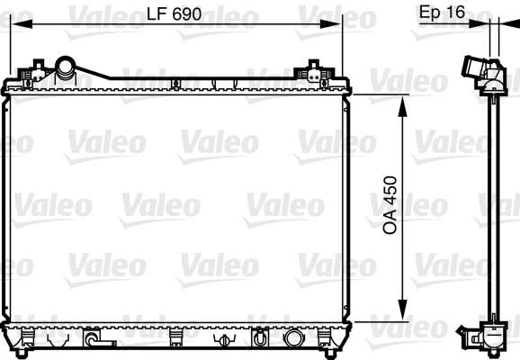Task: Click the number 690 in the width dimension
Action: [x=184, y=14]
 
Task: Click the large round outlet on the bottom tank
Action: [x=294, y=339]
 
